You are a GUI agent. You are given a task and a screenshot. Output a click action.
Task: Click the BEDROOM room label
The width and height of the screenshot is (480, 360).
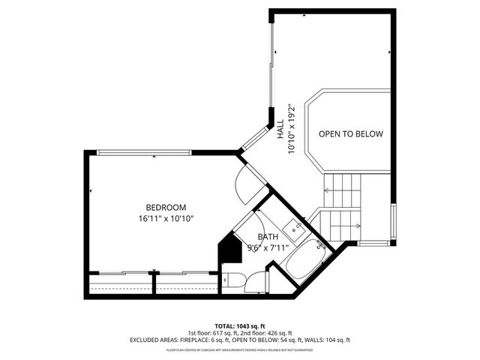point(166,208)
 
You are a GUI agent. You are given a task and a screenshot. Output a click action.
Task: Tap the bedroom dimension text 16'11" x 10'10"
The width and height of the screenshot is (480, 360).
point(166,219)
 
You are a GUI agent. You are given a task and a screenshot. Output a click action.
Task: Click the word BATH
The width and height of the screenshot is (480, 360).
point(268,237)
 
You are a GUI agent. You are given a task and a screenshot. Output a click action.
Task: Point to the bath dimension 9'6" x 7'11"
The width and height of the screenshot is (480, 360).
point(268,247)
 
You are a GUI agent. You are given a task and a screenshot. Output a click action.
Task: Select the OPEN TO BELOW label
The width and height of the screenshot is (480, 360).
point(350,134)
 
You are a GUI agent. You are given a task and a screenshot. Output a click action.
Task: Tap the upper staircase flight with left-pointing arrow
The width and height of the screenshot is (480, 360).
point(342,190)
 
